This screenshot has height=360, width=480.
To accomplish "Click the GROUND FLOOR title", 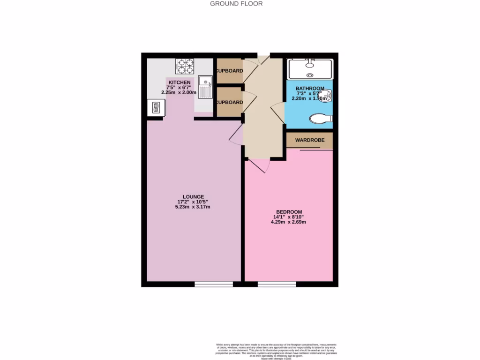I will point(236,4).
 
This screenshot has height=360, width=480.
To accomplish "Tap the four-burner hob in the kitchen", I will point(185,66).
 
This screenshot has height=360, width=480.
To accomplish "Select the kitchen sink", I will point(205,87).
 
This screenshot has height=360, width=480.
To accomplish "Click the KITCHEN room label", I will point(180,82).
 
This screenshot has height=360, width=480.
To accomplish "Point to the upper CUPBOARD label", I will point(229,71).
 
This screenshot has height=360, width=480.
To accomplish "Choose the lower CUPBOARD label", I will point(229,102).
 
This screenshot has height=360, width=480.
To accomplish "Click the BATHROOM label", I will point(310,89).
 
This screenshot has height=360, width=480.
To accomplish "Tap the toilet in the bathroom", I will point(321,119).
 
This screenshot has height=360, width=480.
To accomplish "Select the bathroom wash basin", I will point(329,97).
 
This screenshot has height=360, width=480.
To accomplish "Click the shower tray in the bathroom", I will point(310,69).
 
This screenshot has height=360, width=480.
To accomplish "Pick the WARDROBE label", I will point(310,140).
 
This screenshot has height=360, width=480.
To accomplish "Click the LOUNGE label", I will point(193,196).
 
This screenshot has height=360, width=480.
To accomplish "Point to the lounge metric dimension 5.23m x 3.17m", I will point(193,207).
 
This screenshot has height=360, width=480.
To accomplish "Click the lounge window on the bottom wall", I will point(214,284).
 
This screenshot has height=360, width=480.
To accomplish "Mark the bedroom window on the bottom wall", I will point(277,284).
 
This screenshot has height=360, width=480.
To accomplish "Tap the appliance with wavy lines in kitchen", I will point(155,108).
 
